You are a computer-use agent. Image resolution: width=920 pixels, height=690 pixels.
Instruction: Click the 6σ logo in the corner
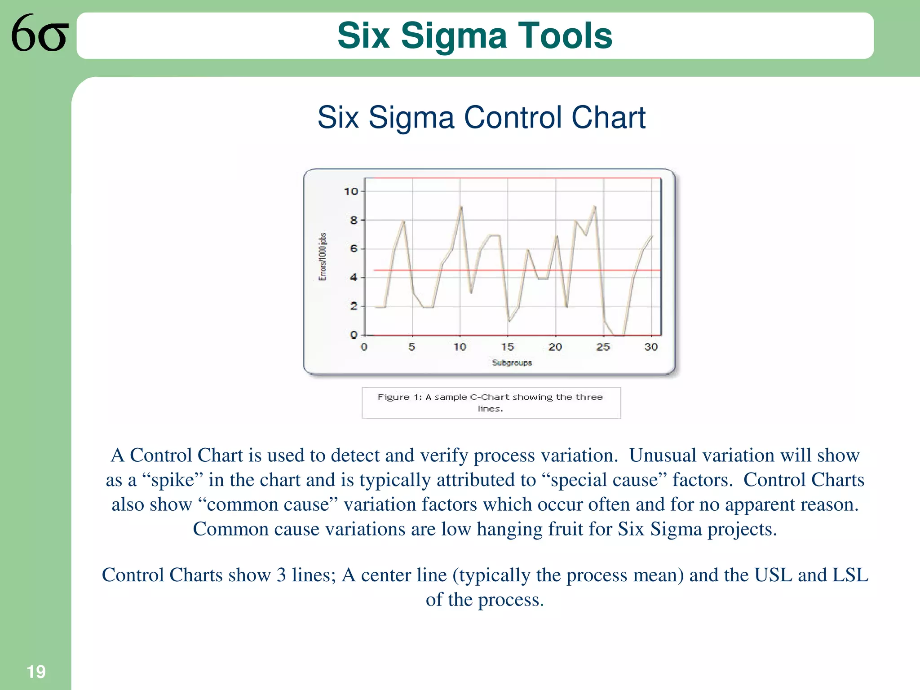(x=40, y=33)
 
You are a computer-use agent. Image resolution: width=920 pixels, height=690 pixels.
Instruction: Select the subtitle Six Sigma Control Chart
(x=481, y=118)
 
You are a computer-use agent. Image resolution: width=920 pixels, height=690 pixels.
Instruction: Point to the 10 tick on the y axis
(x=351, y=192)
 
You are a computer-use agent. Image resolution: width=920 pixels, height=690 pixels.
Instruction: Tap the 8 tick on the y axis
(x=354, y=221)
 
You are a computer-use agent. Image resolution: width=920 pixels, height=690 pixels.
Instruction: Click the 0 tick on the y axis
(x=354, y=335)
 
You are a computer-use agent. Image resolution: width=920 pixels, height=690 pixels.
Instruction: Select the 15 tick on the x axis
(x=508, y=347)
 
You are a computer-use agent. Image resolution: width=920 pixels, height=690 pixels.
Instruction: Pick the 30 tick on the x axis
(x=651, y=347)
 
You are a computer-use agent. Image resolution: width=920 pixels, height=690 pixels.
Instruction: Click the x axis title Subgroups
(x=512, y=363)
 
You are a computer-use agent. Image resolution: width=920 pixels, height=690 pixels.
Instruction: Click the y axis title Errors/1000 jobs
(x=323, y=257)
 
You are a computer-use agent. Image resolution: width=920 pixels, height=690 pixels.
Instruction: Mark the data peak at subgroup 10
(x=461, y=207)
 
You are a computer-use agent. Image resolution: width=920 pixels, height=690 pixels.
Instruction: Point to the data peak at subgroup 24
(x=594, y=207)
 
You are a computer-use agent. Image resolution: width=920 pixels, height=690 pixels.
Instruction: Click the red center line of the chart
(x=517, y=270)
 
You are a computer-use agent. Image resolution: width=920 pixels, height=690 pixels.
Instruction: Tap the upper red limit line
(x=517, y=178)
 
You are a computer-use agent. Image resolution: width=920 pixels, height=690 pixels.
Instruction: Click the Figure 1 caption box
(x=491, y=402)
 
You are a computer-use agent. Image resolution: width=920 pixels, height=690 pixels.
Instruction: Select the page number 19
(x=36, y=672)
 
